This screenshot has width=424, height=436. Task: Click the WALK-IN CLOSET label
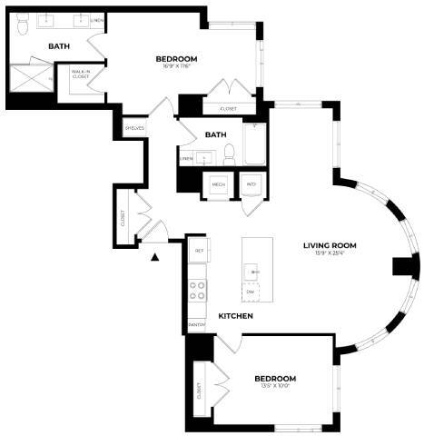(80, 75)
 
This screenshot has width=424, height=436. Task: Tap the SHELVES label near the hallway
(134, 128)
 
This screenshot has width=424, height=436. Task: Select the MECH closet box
(218, 183)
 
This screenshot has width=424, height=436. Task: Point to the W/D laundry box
(251, 183)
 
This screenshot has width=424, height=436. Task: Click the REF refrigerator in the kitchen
(198, 248)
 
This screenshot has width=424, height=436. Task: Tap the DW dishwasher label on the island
(250, 291)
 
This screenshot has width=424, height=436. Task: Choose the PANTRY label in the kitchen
(197, 324)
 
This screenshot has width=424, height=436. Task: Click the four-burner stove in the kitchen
(197, 291)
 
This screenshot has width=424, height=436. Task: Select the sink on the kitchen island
(256, 271)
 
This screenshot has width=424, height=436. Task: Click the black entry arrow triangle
(155, 256)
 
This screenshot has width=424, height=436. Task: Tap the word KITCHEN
(234, 316)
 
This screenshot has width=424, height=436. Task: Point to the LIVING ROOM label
(329, 245)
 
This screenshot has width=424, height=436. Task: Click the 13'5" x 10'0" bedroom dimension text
(274, 386)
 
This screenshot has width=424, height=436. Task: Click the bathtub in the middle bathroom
(255, 145)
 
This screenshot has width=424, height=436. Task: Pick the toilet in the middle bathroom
(230, 154)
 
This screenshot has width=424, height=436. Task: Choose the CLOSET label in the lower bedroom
(199, 391)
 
